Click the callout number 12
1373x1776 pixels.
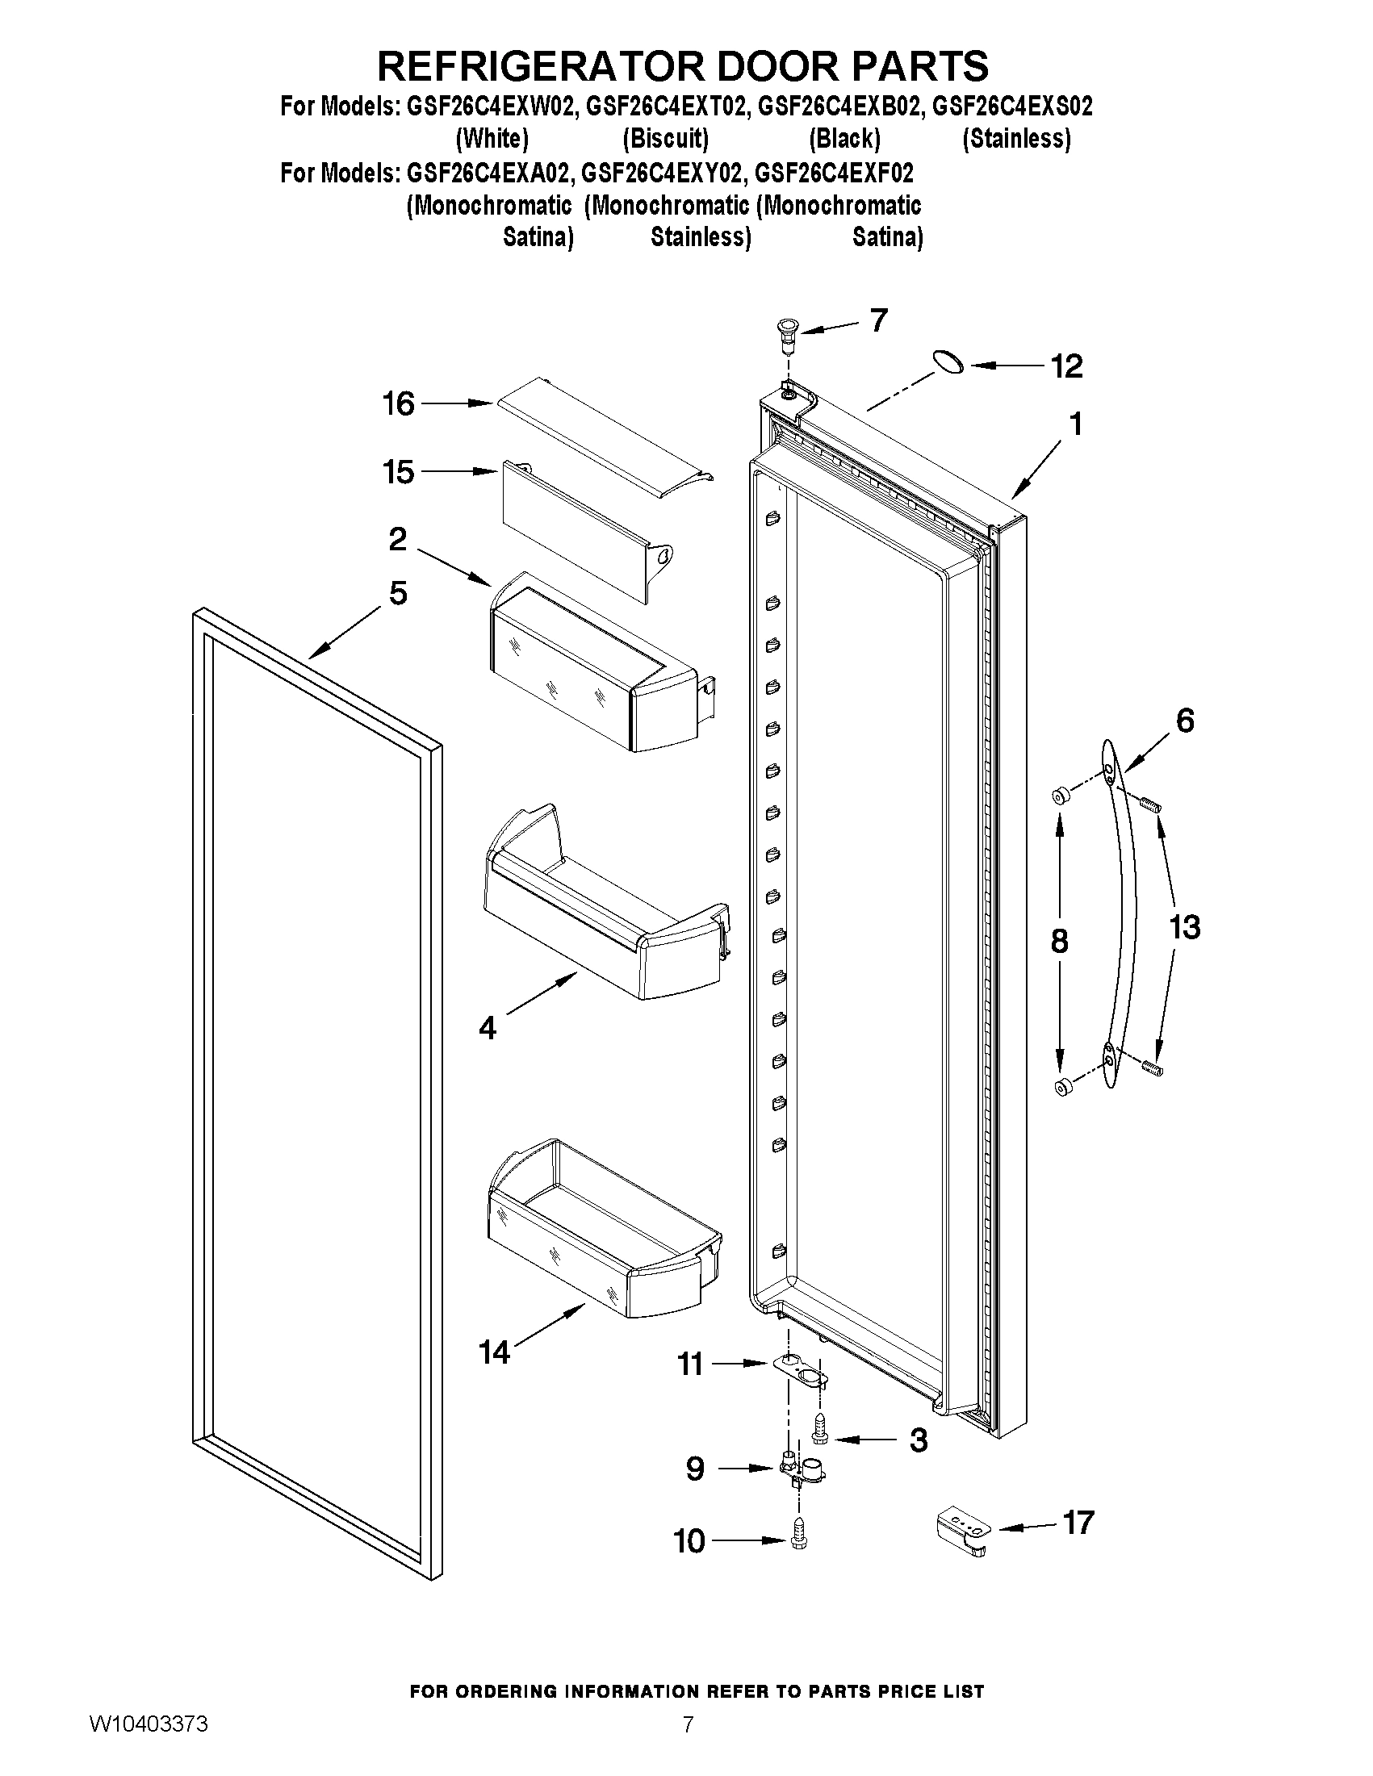coord(1066,367)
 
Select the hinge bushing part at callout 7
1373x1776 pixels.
coord(786,334)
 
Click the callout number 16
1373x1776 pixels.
coord(399,403)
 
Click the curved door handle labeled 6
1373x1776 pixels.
coord(1125,911)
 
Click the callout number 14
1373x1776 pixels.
coord(494,1353)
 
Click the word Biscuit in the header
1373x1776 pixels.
coord(665,139)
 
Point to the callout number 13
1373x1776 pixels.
coord(1184,927)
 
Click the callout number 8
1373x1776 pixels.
coord(1058,941)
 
